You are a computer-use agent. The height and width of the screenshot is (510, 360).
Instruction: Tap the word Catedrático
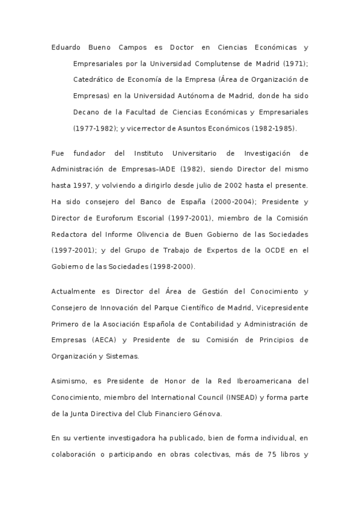tap(96, 79)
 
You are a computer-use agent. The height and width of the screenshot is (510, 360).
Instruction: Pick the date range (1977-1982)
tap(94, 128)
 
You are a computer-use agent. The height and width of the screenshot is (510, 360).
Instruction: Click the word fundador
tap(96, 153)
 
